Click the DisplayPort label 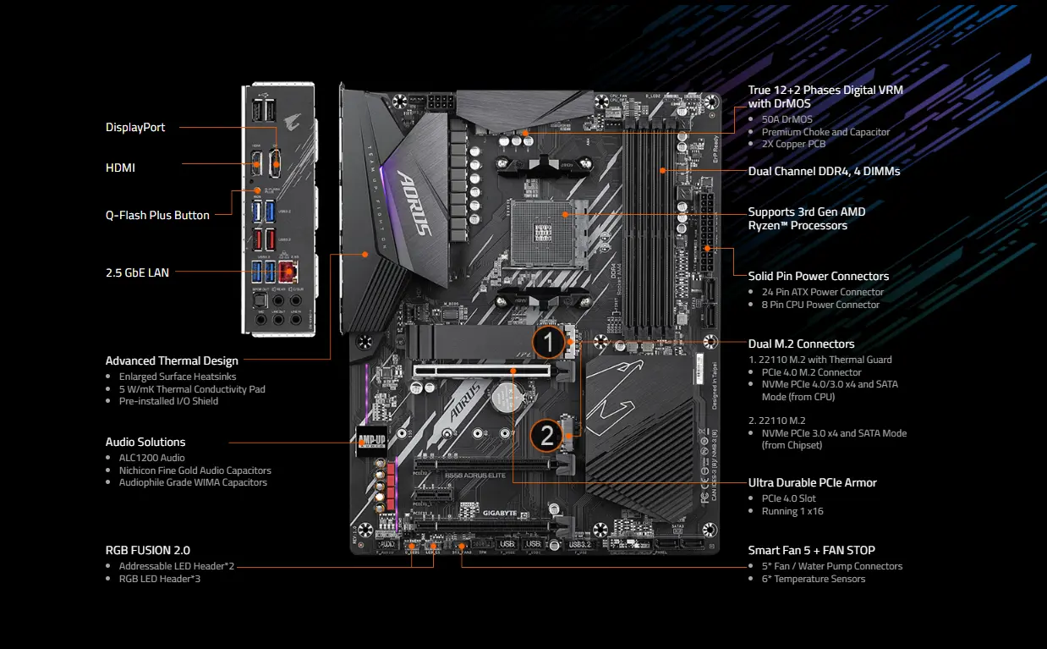135,127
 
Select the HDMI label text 120,168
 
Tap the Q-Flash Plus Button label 157,215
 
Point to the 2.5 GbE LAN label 137,272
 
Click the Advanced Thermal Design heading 172,360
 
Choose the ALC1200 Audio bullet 151,458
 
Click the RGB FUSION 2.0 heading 147,549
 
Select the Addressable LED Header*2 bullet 176,566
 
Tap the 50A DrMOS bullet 787,119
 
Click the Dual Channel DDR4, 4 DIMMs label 824,171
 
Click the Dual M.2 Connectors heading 801,344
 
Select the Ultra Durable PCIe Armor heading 812,482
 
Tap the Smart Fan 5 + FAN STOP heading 811,550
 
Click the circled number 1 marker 548,344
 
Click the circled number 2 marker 547,436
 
